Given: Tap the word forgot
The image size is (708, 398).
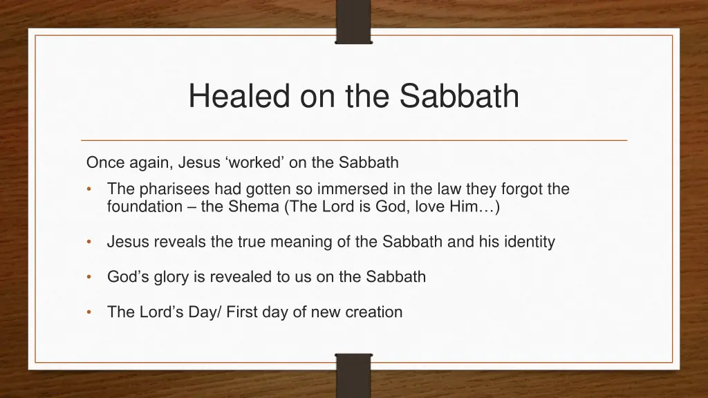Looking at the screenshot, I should coord(512,189).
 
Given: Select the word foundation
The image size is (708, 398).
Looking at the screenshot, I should coord(144,207).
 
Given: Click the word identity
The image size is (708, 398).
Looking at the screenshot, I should coord(528,242).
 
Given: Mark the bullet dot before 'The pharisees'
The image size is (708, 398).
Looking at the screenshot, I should coord(90,189).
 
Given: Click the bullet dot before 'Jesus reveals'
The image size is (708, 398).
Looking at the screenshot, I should coord(90,242).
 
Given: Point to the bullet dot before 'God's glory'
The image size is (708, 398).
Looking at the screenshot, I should coord(90,277).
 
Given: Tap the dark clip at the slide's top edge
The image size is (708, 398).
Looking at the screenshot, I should coord(353,21).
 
